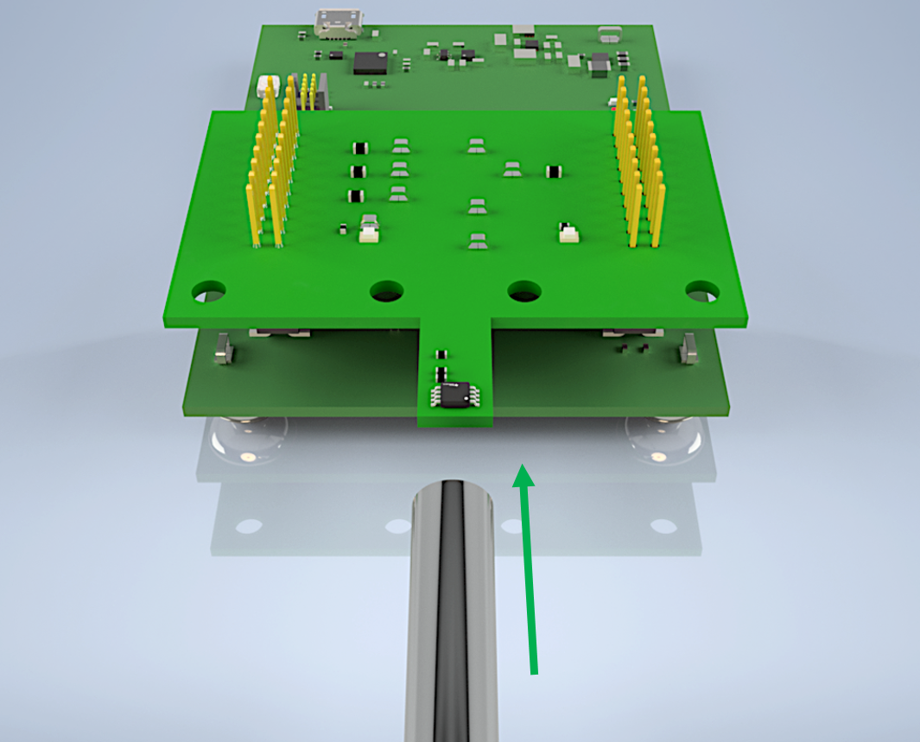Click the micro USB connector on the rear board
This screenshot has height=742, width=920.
[x=339, y=24]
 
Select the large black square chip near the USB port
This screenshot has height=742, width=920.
[x=370, y=61]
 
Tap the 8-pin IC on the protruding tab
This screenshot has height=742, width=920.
[x=453, y=394]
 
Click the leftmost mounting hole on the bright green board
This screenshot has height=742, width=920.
[x=208, y=290]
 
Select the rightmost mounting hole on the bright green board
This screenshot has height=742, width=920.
[x=702, y=291]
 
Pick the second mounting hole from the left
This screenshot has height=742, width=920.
[x=387, y=292]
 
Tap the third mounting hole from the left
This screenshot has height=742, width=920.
[x=524, y=292]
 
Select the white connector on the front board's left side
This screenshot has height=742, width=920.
[x=370, y=230]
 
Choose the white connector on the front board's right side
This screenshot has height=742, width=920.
[x=568, y=232]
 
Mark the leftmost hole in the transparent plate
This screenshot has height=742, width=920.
[x=249, y=525]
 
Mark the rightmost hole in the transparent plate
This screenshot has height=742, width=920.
[x=663, y=525]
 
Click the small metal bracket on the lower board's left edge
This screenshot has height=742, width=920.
[x=224, y=349]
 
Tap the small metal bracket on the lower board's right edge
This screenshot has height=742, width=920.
[x=689, y=349]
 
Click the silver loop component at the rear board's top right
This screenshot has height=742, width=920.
[x=609, y=35]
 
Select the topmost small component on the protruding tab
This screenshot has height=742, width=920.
[x=441, y=353]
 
